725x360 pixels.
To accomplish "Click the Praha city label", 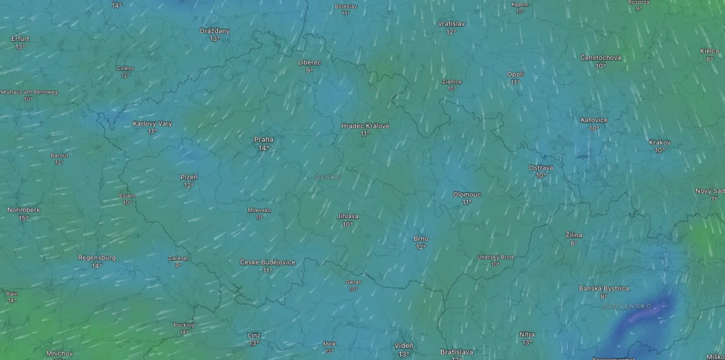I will point(263,140).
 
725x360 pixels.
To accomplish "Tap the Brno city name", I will point(421,239).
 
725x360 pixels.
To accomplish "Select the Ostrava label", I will point(541,167).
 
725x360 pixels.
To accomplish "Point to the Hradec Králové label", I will point(365,126).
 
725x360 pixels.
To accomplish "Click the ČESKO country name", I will point(329,177).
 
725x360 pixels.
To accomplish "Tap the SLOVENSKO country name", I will point(627,306).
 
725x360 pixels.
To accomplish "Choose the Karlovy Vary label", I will point(152,123).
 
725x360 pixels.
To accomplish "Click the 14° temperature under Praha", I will point(263,148).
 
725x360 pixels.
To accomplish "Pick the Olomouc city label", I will point(466,194).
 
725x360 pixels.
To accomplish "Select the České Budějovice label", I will point(268,262).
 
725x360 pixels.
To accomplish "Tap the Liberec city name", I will point(309,62).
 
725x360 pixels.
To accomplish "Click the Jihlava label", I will point(348,216).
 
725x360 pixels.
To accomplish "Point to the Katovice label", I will point(594,120).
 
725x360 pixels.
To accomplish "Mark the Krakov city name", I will point(660,143).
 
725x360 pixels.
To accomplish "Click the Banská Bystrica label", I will point(604,288).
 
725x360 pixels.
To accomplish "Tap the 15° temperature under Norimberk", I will point(24,218).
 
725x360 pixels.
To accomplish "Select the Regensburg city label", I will point(97,257).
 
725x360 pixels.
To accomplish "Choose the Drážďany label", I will point(214,31).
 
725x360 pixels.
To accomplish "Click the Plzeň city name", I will point(189,177).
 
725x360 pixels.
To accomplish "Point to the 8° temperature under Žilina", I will point(573,243).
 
